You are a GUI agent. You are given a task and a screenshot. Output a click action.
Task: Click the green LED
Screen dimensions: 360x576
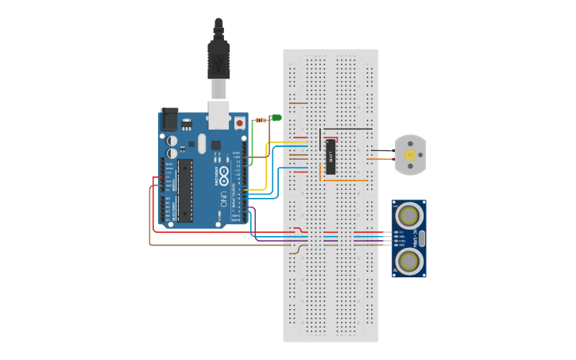[276, 118]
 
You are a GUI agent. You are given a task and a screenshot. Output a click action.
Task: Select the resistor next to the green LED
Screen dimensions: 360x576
[261, 119]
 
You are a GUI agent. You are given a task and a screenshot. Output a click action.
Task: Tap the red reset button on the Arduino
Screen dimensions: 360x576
[239, 122]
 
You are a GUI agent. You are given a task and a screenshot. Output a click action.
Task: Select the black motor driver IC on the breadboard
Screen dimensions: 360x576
[331, 157]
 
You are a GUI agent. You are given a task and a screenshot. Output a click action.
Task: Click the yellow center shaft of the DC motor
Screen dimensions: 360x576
[410, 155]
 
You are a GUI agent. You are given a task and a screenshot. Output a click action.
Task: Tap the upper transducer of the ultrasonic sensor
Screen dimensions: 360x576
[409, 215]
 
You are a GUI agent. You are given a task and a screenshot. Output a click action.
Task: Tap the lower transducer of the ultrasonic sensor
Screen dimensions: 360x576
[409, 261]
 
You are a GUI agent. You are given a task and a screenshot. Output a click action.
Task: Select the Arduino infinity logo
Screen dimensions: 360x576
[224, 172]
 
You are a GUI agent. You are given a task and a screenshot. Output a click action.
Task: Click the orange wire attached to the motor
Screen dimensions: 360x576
[381, 160]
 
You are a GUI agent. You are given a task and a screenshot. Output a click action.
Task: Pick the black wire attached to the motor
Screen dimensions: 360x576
[384, 150]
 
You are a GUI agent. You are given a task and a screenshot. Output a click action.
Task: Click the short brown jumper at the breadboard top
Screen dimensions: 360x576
[299, 103]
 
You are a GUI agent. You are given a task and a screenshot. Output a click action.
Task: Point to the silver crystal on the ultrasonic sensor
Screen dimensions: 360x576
[421, 238]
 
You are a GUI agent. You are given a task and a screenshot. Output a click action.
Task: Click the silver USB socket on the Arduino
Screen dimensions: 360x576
[218, 111]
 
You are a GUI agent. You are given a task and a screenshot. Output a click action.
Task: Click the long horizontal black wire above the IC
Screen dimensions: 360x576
[346, 128]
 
